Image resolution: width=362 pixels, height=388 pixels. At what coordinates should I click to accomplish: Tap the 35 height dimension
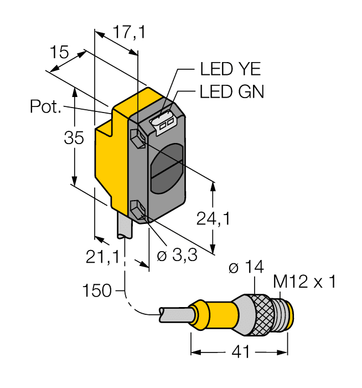tap(73, 138)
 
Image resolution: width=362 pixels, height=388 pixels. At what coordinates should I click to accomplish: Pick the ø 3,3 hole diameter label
tap(180, 257)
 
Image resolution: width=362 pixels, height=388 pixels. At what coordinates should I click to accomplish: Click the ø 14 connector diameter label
tap(246, 268)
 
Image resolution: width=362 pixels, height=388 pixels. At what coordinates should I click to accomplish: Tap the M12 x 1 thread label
tap(304, 283)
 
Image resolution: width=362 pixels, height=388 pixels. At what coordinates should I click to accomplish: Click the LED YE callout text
tap(230, 69)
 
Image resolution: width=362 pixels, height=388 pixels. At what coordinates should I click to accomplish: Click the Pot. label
tap(45, 106)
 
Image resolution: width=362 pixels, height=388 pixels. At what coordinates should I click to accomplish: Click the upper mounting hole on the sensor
tap(138, 136)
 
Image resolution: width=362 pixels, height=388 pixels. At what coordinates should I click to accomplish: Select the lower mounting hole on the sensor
tap(138, 211)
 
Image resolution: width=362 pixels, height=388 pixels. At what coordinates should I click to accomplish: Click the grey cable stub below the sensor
tap(125, 228)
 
